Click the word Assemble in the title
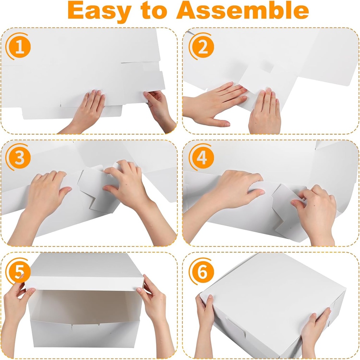(242, 11)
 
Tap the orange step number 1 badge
(19, 48)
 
